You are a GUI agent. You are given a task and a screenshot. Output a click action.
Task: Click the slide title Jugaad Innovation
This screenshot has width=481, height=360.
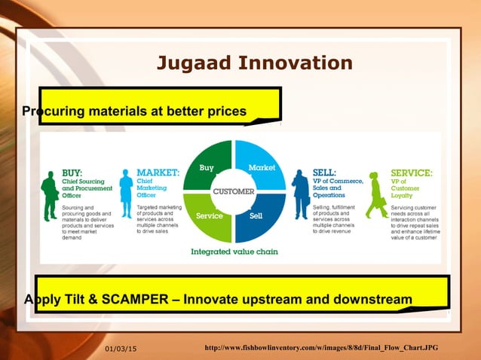coord(254,63)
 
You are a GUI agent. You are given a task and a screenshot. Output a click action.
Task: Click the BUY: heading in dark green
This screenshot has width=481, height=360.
coord(72,172)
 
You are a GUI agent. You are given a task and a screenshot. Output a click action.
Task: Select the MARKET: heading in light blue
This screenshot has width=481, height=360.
coord(158,172)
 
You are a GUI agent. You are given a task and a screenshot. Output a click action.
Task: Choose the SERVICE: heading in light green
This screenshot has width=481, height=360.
coord(411,172)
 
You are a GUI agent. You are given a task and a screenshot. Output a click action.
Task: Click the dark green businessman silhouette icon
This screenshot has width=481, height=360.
coord(51,195)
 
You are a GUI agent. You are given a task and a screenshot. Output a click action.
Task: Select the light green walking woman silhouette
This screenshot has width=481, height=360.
coord(376,195)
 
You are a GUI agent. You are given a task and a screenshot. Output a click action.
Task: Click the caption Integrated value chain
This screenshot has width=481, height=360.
coord(235,252)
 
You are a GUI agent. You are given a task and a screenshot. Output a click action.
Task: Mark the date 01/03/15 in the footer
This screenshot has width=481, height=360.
coord(125,346)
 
